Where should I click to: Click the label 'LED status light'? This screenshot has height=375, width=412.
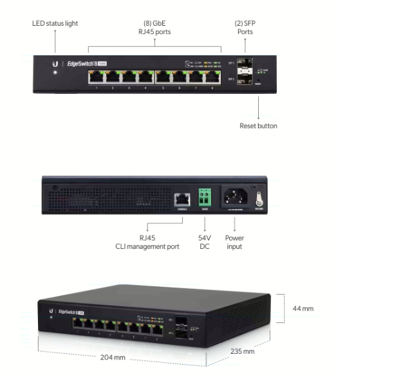(x=55, y=24)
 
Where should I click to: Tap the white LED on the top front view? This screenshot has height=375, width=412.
(x=55, y=72)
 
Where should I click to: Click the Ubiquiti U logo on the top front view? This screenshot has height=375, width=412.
(x=55, y=64)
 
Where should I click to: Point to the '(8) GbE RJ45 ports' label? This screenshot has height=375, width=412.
(x=154, y=27)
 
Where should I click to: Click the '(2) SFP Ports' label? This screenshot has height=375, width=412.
(x=245, y=27)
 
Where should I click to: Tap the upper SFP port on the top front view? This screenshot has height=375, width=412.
(x=245, y=64)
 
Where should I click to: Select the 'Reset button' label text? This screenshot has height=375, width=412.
(x=258, y=126)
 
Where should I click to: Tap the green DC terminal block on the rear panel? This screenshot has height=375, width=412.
(x=205, y=196)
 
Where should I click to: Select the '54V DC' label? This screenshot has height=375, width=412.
(x=205, y=242)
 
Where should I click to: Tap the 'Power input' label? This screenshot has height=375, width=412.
(x=234, y=242)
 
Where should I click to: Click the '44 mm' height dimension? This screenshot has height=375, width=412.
(x=303, y=309)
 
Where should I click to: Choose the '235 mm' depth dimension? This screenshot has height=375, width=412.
(x=242, y=351)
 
